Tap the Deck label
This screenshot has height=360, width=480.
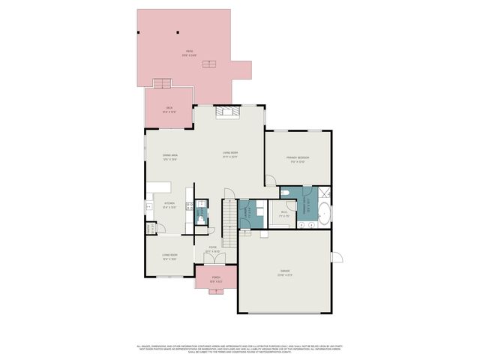tap(169, 110)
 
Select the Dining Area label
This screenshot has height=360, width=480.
tap(170, 157)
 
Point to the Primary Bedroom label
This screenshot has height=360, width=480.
tap(298, 158)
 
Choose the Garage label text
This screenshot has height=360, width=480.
tap(286, 272)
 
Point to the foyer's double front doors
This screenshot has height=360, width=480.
tap(216, 259)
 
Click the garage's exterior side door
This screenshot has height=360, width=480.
tap(336, 257)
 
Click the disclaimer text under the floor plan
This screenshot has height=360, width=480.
tap(240, 349)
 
